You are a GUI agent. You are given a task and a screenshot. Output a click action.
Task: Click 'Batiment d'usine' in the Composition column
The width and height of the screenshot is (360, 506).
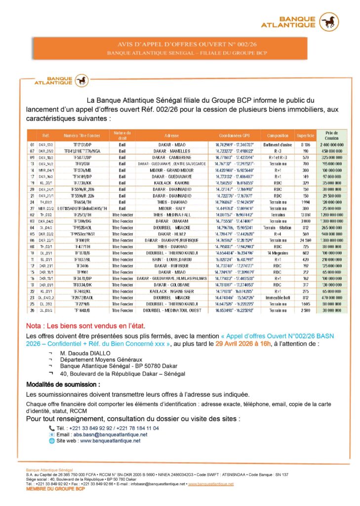point(278,144)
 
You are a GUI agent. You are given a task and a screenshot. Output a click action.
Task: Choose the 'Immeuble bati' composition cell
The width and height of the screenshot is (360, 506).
point(278,298)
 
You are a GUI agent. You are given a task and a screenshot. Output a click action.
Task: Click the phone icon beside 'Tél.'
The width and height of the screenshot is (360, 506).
point(52,428)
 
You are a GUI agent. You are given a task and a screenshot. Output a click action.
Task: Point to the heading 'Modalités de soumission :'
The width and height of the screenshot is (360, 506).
point(63,384)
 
